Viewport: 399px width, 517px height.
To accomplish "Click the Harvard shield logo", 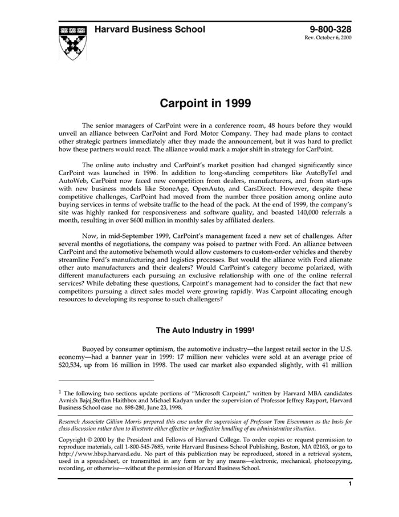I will click(x=72, y=43).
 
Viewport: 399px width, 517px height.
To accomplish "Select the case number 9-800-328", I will click(x=330, y=30).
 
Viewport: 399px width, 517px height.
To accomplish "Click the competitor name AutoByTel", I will click(x=321, y=172).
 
